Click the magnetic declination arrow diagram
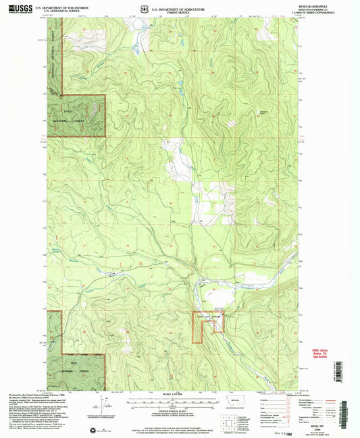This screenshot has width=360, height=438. pyautogui.click(x=107, y=405)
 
